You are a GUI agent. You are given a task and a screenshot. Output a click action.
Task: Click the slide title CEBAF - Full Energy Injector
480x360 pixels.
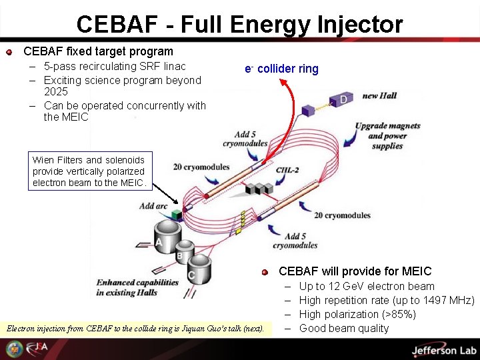tap(239, 25)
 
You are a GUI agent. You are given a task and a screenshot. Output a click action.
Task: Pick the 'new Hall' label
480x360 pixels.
tap(379, 96)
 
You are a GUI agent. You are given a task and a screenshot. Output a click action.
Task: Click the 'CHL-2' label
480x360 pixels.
tap(287, 171)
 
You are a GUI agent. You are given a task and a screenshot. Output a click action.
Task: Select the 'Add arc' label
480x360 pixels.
tap(153, 207)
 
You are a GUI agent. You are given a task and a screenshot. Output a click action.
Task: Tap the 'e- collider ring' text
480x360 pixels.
tap(281, 69)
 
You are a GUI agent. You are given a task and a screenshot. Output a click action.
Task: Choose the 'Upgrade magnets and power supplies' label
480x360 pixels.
tap(387, 136)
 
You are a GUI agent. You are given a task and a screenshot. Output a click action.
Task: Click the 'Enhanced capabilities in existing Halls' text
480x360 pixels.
tap(137, 287)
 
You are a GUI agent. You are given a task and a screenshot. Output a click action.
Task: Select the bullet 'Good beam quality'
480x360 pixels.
tap(343, 328)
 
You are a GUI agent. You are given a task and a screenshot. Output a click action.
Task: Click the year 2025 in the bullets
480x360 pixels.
tap(56, 92)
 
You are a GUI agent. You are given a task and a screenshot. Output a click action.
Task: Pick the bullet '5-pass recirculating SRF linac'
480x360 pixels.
tap(115, 67)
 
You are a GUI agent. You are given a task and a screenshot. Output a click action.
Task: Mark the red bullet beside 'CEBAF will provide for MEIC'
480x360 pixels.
tap(265, 272)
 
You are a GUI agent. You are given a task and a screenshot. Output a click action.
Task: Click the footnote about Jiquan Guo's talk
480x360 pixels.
tap(135, 329)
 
